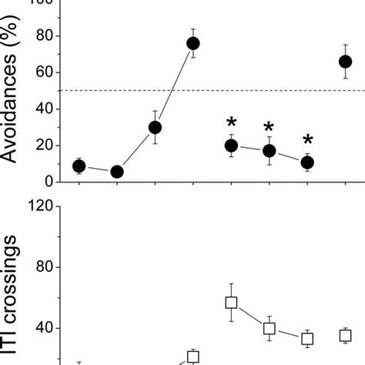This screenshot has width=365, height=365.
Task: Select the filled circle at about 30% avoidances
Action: (156, 127)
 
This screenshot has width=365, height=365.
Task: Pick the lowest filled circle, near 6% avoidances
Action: (117, 172)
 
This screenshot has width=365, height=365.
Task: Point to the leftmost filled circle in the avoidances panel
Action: (79, 166)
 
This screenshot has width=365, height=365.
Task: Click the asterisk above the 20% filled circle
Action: (231, 122)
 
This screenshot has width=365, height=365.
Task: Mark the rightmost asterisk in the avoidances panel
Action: (307, 140)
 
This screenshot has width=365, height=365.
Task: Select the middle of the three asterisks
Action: (269, 128)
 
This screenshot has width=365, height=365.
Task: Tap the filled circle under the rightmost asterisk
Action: (307, 162)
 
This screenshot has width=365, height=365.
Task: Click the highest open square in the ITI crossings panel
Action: (231, 303)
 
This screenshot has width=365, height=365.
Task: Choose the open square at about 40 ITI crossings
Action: (270, 329)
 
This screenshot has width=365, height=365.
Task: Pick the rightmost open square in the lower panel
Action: (345, 335)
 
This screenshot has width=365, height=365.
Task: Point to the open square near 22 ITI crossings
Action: (193, 357)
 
